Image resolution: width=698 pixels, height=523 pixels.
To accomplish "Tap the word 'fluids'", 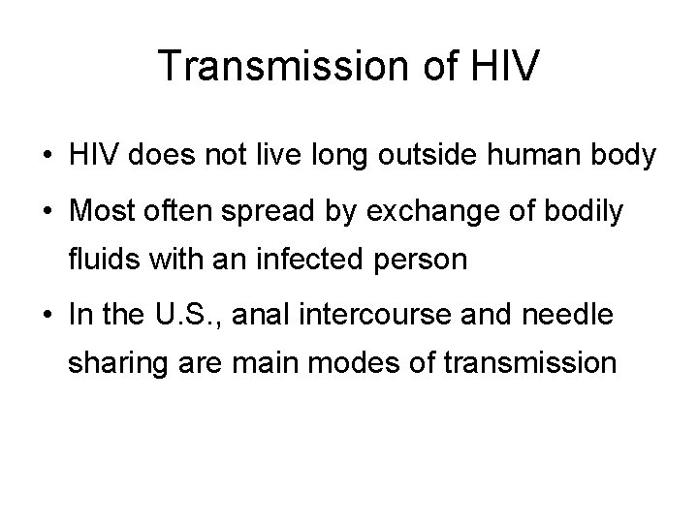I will (98, 261).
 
